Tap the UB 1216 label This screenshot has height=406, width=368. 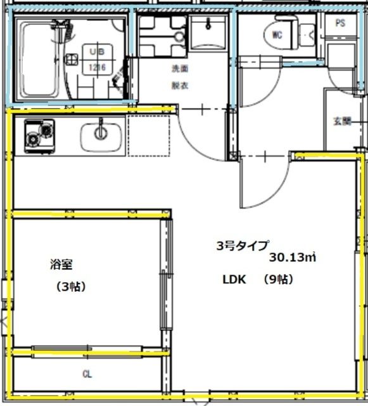[x=97, y=60]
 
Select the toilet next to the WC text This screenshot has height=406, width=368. [x=305, y=34]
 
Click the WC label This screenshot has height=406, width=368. [x=277, y=34]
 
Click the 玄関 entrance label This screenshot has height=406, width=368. [x=342, y=121]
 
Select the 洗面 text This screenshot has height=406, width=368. [x=181, y=69]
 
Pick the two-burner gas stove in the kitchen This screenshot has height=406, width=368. [x=39, y=135]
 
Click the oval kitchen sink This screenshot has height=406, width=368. [x=101, y=134]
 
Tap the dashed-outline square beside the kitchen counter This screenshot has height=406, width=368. [x=149, y=134]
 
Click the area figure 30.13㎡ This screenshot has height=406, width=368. [x=292, y=258]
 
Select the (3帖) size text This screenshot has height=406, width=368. [x=70, y=287]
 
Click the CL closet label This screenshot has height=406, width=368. [x=87, y=374]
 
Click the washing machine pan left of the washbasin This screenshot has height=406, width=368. [x=161, y=36]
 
